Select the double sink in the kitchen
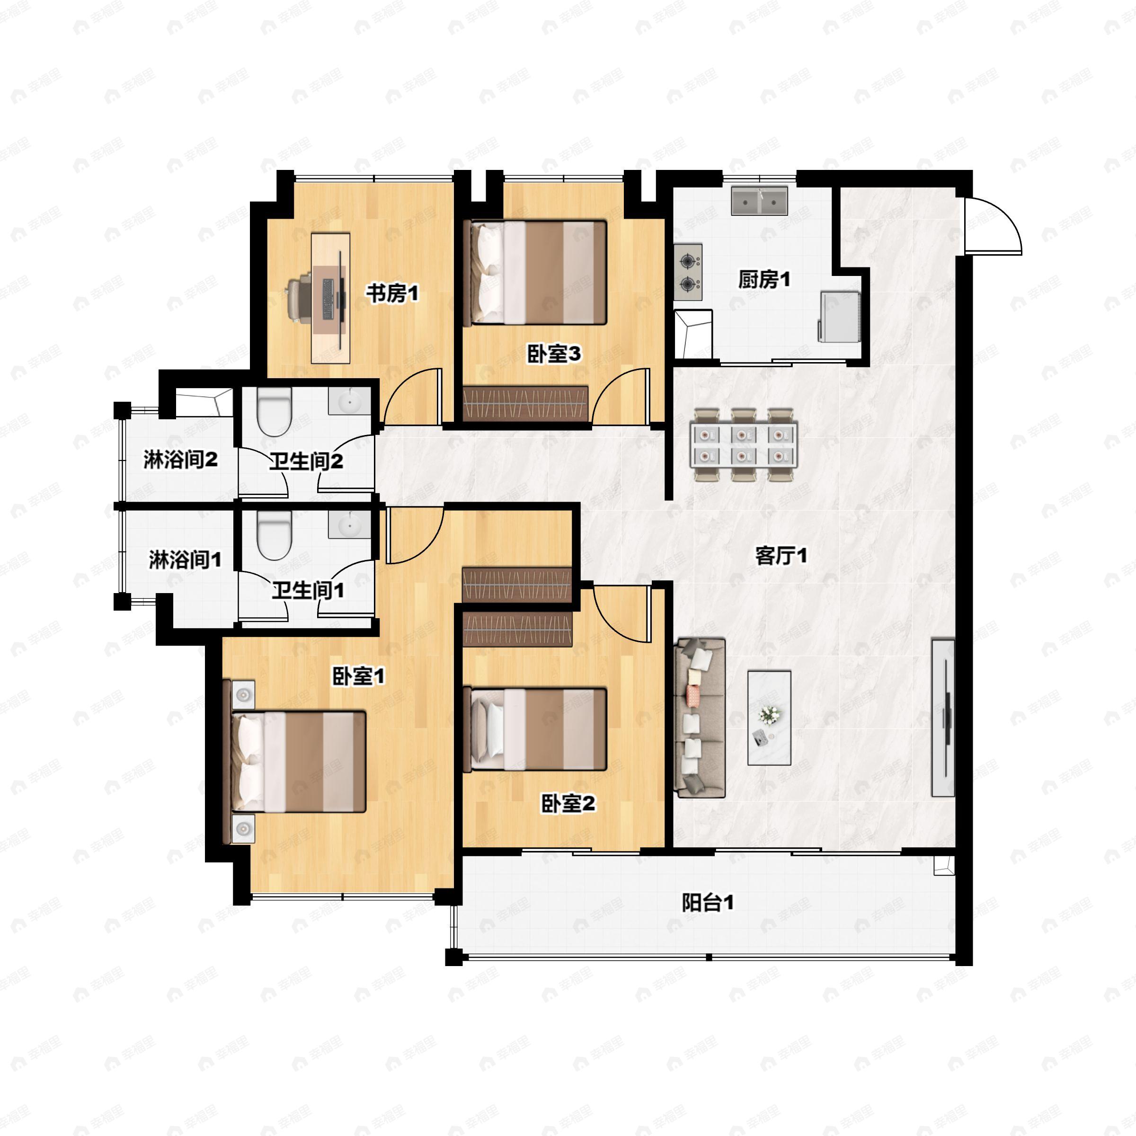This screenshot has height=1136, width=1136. (x=759, y=201)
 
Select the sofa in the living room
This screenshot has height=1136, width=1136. (x=700, y=718)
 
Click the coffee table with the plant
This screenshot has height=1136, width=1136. (x=769, y=718)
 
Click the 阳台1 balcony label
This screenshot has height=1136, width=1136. (x=707, y=903)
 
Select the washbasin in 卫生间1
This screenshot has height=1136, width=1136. (x=349, y=524)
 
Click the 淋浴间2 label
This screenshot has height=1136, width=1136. (x=180, y=460)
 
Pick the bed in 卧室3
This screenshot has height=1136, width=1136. (x=535, y=272)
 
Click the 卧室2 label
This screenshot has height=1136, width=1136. (x=568, y=804)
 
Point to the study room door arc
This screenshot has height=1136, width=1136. (x=413, y=396)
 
